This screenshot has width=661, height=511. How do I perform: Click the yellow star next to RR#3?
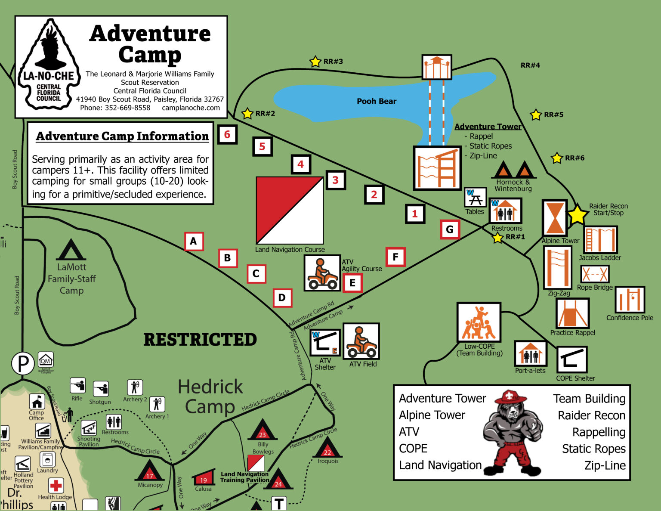(315, 62)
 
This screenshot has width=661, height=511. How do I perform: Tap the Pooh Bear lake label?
(376, 101)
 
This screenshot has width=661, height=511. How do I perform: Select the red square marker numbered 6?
(227, 134)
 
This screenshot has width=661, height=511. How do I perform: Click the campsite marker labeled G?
(450, 229)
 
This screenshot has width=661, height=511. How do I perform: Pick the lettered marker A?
(194, 241)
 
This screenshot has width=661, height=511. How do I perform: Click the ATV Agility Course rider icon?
(322, 273)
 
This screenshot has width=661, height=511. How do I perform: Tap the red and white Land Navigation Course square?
(290, 211)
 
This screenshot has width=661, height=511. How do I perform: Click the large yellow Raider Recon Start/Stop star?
(577, 214)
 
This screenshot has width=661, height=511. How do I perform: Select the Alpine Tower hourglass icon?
(554, 218)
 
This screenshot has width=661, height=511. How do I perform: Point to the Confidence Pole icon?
(630, 300)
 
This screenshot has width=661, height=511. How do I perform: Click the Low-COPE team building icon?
(479, 322)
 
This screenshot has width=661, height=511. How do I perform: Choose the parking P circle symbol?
(22, 364)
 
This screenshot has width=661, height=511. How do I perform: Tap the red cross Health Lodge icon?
(56, 486)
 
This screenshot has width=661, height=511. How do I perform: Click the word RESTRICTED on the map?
(200, 340)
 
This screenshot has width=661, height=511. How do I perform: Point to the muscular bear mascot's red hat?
(510, 397)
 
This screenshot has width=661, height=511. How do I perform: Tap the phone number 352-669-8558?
(127, 108)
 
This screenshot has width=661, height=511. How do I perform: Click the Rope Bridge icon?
(595, 274)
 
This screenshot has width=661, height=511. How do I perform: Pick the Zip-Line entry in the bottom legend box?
(605, 465)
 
